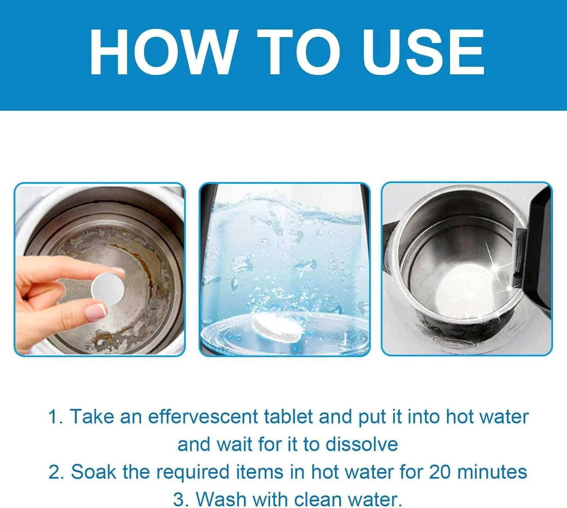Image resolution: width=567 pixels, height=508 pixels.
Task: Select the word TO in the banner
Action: pyautogui.click(x=300, y=52)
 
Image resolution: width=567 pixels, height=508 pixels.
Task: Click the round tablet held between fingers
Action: pyautogui.click(x=108, y=290)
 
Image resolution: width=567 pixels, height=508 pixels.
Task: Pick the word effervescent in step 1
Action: pyautogui.click(x=203, y=417)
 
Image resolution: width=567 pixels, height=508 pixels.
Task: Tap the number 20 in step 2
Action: pyautogui.click(x=440, y=472)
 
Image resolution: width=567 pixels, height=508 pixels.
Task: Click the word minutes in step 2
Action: pyautogui.click(x=492, y=472)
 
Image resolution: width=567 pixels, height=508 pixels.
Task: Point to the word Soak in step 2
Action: pyautogui.click(x=93, y=472)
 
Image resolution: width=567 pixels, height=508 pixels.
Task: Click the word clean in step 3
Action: pyautogui.click(x=318, y=499)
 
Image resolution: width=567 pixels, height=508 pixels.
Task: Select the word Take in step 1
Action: pyautogui.click(x=92, y=417)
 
